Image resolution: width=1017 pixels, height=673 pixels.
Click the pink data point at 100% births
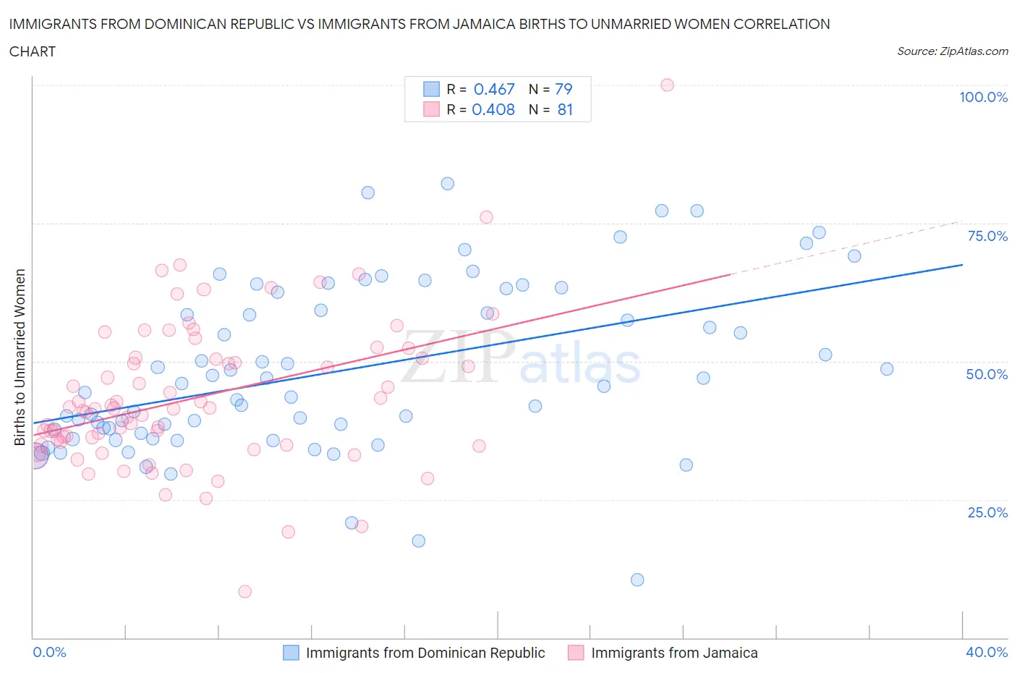click(x=667, y=85)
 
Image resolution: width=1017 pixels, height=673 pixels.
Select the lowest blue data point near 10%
click(x=637, y=580)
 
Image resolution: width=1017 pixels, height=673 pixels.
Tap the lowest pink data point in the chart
click(x=245, y=592)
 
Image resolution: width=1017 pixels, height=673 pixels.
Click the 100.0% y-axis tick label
click(x=983, y=98)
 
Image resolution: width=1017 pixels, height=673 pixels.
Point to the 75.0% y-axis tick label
click(x=987, y=237)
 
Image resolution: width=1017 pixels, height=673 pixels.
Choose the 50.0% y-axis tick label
click(x=987, y=375)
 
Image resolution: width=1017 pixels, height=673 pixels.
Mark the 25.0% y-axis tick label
click(x=987, y=513)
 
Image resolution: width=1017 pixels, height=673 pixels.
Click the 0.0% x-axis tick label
click(x=49, y=653)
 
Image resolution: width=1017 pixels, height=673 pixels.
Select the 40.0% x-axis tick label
click(x=987, y=653)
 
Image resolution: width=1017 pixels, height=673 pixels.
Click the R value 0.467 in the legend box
click(x=494, y=89)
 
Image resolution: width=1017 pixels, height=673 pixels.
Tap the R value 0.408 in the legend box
click(x=493, y=110)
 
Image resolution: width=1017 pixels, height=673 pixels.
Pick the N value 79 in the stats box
click(x=563, y=89)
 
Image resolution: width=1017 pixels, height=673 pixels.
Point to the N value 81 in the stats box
click(x=565, y=110)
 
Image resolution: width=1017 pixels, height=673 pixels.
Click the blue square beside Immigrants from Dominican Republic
click(x=291, y=653)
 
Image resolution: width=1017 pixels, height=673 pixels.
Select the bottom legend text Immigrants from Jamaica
click(x=674, y=653)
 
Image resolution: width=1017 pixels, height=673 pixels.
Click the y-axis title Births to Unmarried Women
click(x=20, y=357)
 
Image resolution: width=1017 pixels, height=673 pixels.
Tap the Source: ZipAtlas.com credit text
click(x=952, y=51)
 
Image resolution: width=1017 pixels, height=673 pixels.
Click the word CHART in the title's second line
click(x=33, y=51)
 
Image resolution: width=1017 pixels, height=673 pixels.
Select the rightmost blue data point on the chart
click(x=887, y=369)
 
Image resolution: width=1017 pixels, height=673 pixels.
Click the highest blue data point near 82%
click(x=448, y=184)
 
